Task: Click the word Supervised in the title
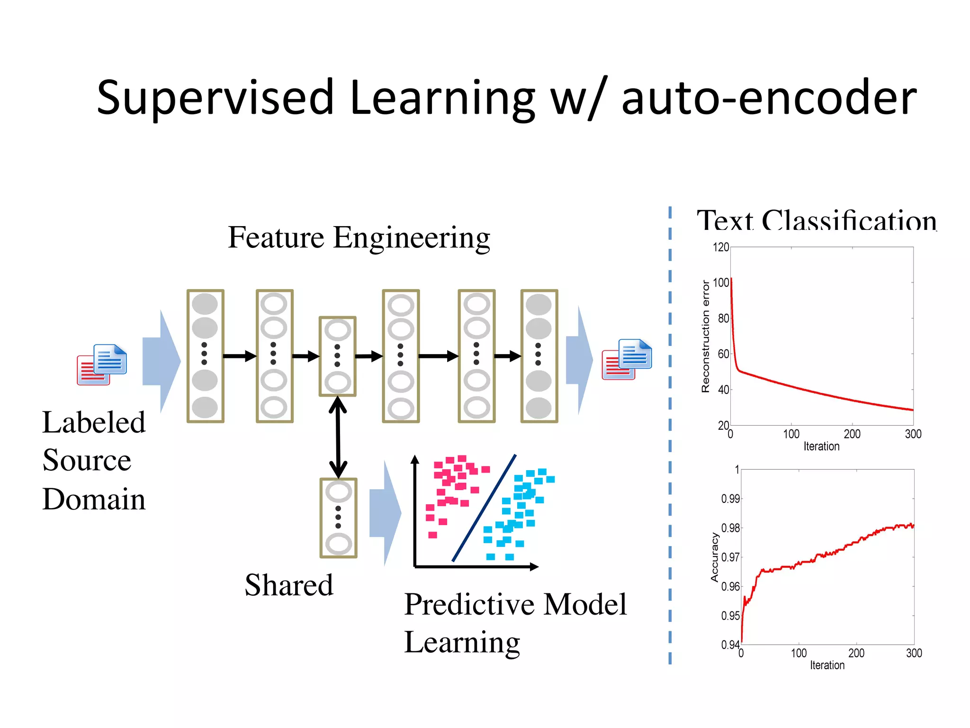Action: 216,98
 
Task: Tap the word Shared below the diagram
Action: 288,585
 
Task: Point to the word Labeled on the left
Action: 94,422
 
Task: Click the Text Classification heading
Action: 817,221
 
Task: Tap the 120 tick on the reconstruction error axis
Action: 720,247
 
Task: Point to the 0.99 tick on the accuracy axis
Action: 730,499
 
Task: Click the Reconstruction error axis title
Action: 706,337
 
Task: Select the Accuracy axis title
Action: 714,557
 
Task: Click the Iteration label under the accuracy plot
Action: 827,665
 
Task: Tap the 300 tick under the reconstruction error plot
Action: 913,434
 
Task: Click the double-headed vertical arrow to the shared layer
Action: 338,437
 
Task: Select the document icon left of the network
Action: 102,364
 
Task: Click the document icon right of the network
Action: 627,359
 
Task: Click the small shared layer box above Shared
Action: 338,518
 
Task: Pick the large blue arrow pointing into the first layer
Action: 161,361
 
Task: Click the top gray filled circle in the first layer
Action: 205,304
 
